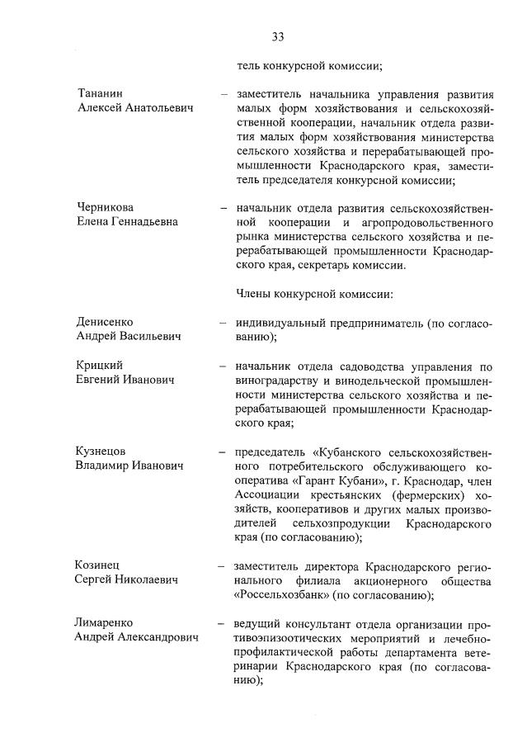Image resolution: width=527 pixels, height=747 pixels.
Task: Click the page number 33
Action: click(x=277, y=36)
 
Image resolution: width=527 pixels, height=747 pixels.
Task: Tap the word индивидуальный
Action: click(x=283, y=322)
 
